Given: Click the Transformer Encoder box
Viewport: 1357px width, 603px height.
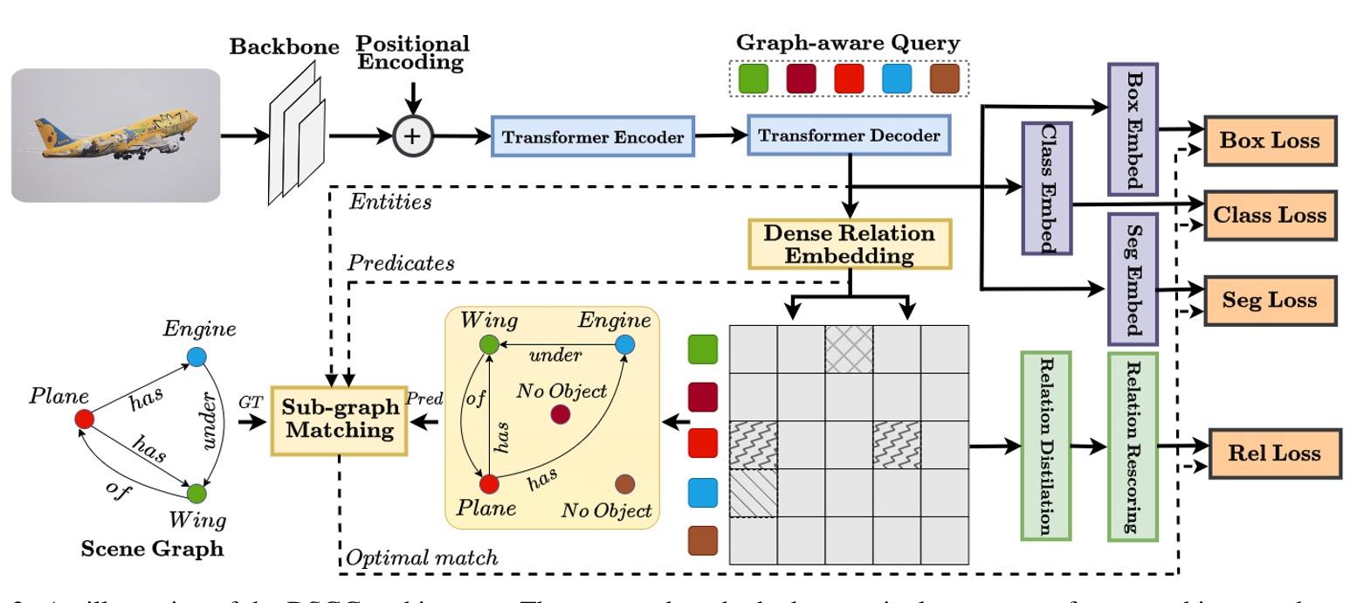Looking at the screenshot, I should pyautogui.click(x=593, y=136).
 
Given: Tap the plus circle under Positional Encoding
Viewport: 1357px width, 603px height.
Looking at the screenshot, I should pyautogui.click(x=415, y=136).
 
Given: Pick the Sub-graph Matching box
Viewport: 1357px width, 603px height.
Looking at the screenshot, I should pyautogui.click(x=341, y=419).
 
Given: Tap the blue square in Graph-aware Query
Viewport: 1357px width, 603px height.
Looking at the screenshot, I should pyautogui.click(x=898, y=80).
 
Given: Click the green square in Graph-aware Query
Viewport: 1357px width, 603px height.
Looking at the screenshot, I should pyautogui.click(x=753, y=80).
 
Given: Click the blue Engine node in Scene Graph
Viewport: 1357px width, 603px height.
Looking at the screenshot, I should pyautogui.click(x=196, y=357).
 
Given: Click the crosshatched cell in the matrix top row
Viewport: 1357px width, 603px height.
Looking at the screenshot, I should pyautogui.click(x=849, y=349).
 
